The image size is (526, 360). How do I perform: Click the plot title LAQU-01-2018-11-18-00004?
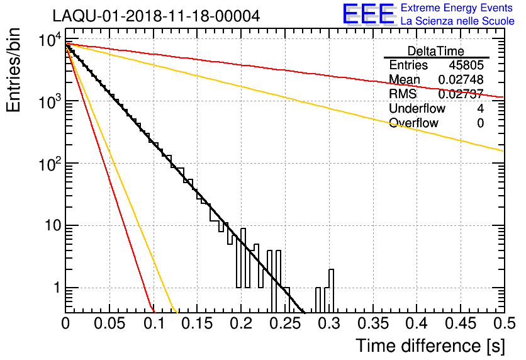156,16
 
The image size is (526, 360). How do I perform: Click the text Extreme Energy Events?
457,8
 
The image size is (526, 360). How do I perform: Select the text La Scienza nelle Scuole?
457,21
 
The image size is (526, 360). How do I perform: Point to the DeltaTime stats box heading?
436,51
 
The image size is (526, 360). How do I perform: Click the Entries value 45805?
466,65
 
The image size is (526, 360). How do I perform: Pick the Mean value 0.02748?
461,80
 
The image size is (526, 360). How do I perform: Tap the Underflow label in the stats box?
417,109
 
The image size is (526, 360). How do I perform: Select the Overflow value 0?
480,123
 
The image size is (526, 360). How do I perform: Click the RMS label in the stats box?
403,94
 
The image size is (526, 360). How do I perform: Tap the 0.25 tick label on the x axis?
284,324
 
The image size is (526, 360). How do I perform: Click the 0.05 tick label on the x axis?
109,324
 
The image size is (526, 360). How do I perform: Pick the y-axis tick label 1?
55,288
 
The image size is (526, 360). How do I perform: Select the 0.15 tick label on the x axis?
197,324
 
